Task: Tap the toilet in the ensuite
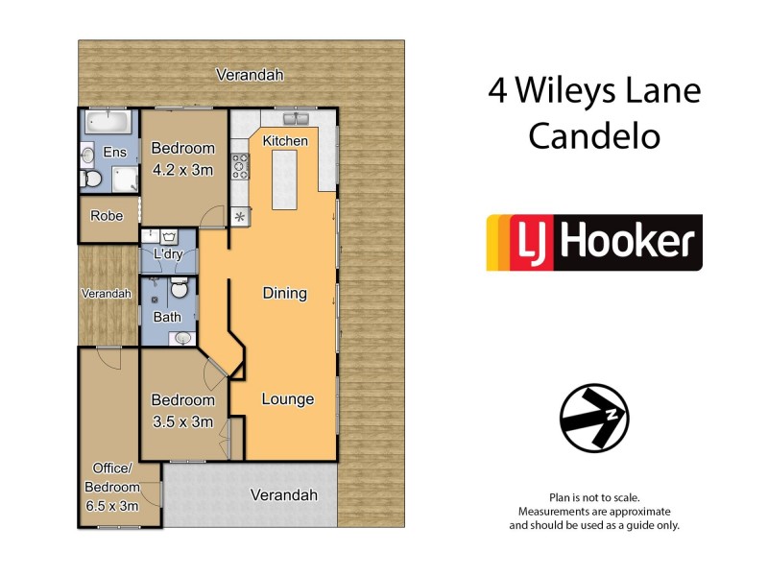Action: pos(93,179)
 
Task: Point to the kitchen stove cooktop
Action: pos(240,169)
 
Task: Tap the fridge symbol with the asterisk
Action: pos(240,217)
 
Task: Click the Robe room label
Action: pos(107,216)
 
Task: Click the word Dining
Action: pos(284,294)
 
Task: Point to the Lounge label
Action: pos(288,399)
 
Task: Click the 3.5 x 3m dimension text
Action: pos(182,420)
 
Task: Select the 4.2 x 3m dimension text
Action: pos(182,169)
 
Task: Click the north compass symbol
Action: pos(593,419)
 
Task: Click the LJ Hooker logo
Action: pos(594,242)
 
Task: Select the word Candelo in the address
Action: pos(594,136)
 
